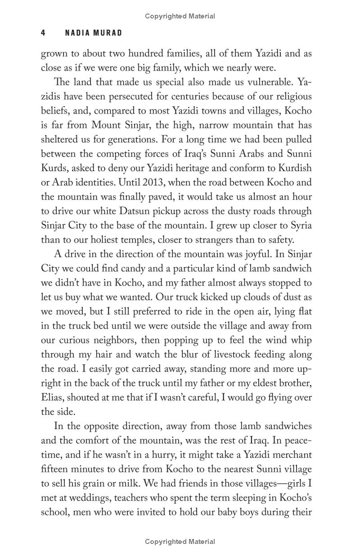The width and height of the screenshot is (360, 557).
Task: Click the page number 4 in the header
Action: coord(43,33)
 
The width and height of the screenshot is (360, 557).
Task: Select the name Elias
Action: coord(53,398)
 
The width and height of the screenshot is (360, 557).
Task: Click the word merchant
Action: coord(289,455)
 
